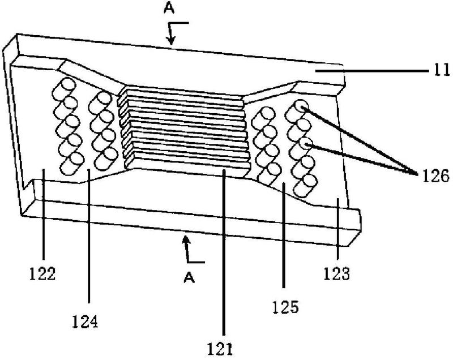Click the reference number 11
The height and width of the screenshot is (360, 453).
coord(442,70)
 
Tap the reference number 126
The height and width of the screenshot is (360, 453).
coord(435,176)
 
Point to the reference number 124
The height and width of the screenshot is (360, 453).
coord(85,322)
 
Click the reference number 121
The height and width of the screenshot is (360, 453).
coord(220,349)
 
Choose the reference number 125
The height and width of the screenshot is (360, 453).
coord(285,307)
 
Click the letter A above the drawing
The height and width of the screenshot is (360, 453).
coord(169,8)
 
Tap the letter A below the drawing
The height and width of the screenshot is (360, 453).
coord(189,277)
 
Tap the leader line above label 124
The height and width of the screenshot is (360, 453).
coord(89,236)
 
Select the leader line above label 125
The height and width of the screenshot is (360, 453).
coord(284,235)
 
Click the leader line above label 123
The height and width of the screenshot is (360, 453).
coord(338,231)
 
